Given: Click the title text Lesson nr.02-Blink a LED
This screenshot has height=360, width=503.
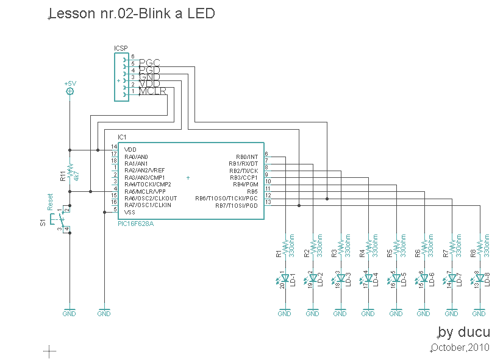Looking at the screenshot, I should pyautogui.click(x=132, y=13).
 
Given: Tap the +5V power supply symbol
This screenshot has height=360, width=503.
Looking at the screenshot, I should pyautogui.click(x=70, y=91).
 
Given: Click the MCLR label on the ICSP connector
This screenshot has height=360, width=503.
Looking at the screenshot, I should pyautogui.click(x=152, y=91).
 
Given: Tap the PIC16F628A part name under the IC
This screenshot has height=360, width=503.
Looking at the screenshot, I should pyautogui.click(x=136, y=224).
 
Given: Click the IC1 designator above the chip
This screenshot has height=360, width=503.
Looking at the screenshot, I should pyautogui.click(x=123, y=137).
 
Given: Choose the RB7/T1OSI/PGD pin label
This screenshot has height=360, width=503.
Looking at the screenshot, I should pyautogui.click(x=237, y=205).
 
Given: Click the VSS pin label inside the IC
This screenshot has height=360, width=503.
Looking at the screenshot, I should pyautogui.click(x=130, y=212).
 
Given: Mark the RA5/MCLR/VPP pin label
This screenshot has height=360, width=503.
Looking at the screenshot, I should pyautogui.click(x=144, y=191).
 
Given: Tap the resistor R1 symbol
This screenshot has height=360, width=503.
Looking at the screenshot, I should pyautogui.click(x=285, y=245).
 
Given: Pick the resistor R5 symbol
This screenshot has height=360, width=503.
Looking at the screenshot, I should pyautogui.click(x=396, y=245).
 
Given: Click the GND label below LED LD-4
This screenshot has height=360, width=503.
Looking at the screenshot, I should pyautogui.click(x=368, y=314).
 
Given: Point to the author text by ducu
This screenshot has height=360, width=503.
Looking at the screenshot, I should pyautogui.click(x=464, y=332).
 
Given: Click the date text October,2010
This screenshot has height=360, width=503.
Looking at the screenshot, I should pyautogui.click(x=460, y=348).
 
